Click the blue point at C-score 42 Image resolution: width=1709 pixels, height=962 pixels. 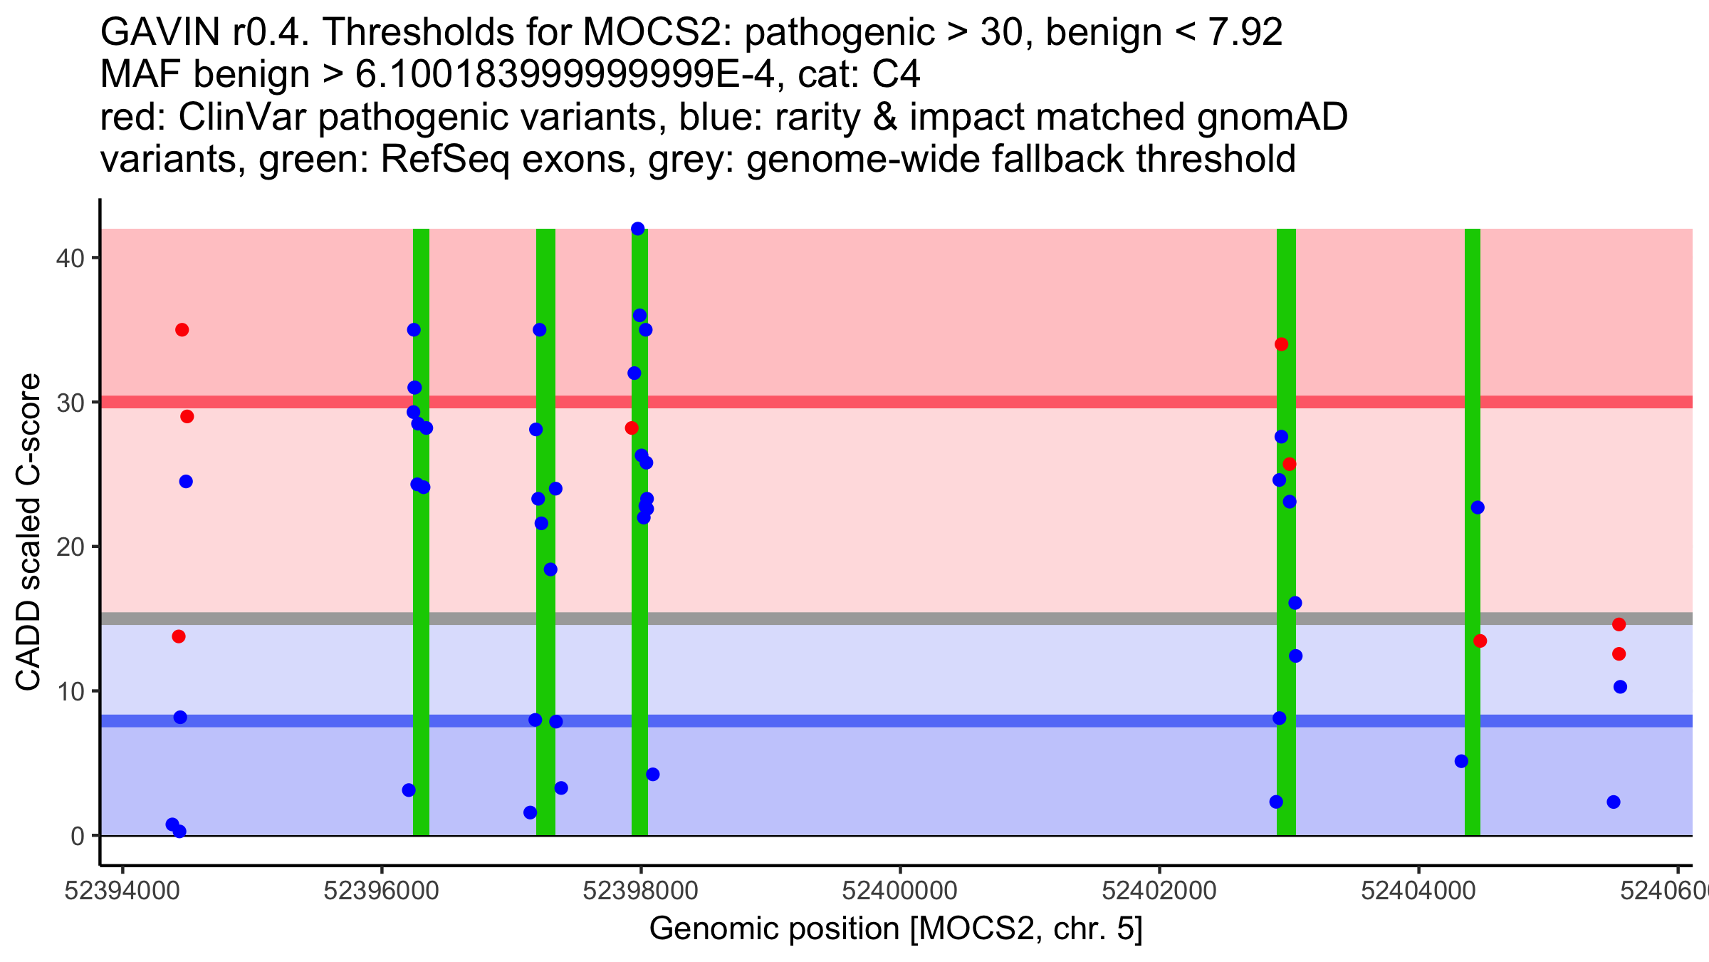(x=638, y=229)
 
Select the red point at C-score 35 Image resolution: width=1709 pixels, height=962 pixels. (x=182, y=330)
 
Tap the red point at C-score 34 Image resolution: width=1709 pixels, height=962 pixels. (x=1282, y=344)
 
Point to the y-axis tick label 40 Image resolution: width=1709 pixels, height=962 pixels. (x=70, y=258)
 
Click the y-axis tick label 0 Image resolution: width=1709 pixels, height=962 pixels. (x=78, y=836)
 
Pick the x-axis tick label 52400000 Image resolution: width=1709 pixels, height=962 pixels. (x=899, y=891)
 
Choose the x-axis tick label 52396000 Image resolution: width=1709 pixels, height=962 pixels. (x=381, y=891)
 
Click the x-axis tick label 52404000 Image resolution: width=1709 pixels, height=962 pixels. (x=1418, y=891)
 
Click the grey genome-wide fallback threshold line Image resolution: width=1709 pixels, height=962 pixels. (x=926, y=619)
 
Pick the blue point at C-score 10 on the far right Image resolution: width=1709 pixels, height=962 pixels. (x=1620, y=687)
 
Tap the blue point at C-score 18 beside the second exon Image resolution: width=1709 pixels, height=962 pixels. (x=550, y=569)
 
